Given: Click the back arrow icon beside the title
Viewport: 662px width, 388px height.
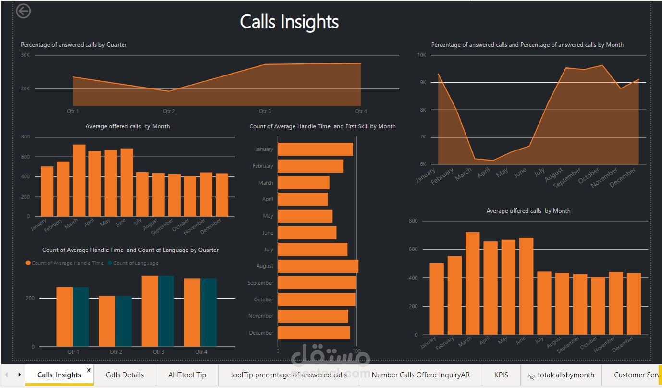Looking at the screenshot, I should [x=23, y=11].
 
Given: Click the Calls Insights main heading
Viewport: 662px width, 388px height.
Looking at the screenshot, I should [x=289, y=22].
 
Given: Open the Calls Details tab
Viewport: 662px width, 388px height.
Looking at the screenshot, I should [x=124, y=375].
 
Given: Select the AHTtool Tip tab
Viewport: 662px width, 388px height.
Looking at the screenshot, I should [x=187, y=375].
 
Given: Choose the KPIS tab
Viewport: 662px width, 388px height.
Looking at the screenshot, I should [x=501, y=375].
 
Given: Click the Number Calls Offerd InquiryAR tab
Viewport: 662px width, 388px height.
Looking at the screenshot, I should [x=420, y=375].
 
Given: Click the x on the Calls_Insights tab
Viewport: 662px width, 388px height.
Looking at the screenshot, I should [x=89, y=370].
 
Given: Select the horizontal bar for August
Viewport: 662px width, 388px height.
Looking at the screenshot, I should [x=318, y=266].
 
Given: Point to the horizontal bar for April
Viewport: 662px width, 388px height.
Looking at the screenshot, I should [x=303, y=199].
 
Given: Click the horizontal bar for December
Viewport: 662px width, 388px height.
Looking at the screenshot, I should [x=313, y=333].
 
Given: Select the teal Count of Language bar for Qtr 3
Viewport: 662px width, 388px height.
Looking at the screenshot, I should [x=166, y=311].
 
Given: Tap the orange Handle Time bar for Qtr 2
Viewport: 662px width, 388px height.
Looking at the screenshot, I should [x=107, y=321].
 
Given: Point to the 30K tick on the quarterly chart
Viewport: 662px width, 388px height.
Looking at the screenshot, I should [x=25, y=55].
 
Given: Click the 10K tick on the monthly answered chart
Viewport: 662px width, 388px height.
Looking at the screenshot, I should [x=421, y=55].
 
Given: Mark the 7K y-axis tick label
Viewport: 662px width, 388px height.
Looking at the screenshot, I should [x=422, y=137].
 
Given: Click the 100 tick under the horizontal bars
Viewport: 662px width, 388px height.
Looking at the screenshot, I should [x=356, y=351].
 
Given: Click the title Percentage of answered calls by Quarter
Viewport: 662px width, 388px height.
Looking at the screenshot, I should [x=74, y=45].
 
